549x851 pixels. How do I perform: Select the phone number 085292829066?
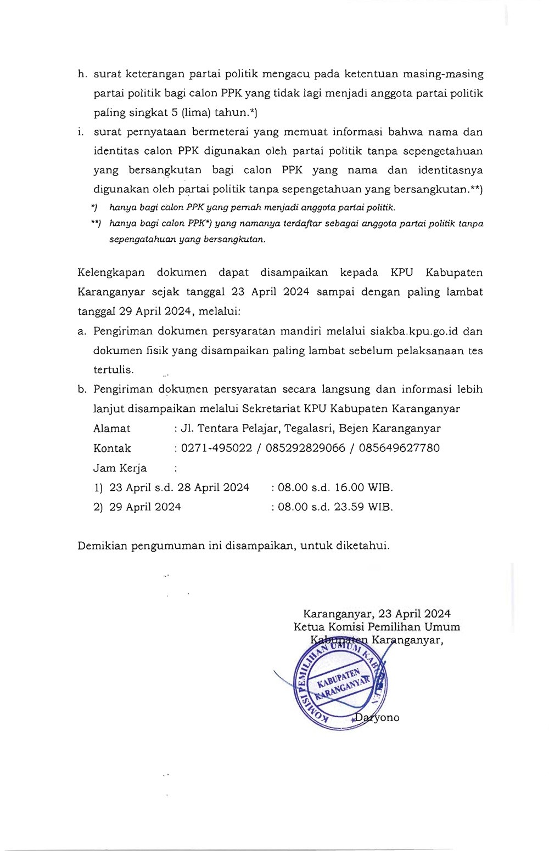pyautogui.click(x=305, y=448)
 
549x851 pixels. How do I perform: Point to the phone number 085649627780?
pyautogui.click(x=399, y=448)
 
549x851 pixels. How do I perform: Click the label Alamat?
pyautogui.click(x=112, y=428)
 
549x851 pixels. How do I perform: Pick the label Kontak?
pyautogui.click(x=112, y=448)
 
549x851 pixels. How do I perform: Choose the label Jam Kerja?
pyautogui.click(x=120, y=468)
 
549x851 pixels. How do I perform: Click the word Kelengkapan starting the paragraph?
pyautogui.click(x=111, y=273)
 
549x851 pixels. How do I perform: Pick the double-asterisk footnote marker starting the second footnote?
pyautogui.click(x=95, y=224)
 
